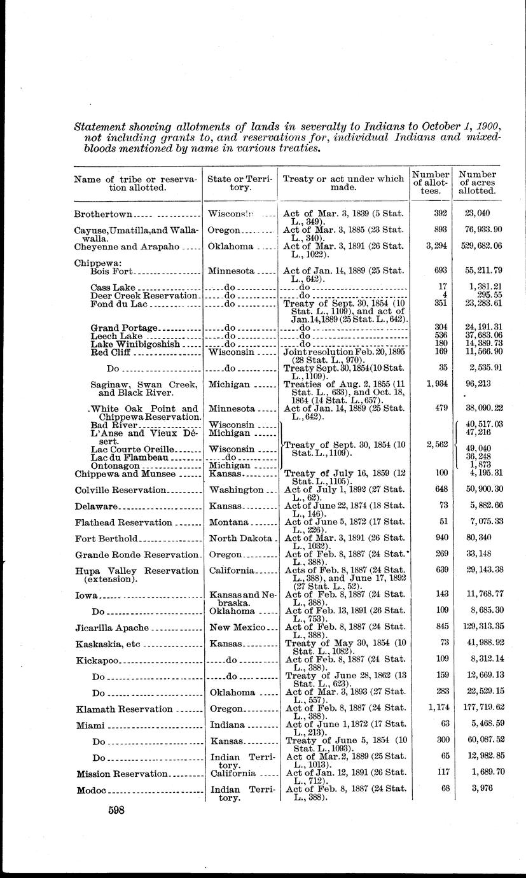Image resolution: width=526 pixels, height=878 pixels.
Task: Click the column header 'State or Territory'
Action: (x=239, y=184)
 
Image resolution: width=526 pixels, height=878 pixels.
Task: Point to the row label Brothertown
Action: (x=102, y=213)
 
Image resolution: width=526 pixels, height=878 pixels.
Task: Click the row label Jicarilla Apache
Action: (x=111, y=627)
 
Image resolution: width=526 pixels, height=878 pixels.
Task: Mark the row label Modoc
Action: (x=91, y=791)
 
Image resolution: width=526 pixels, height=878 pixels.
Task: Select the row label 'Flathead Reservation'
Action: (x=123, y=522)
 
